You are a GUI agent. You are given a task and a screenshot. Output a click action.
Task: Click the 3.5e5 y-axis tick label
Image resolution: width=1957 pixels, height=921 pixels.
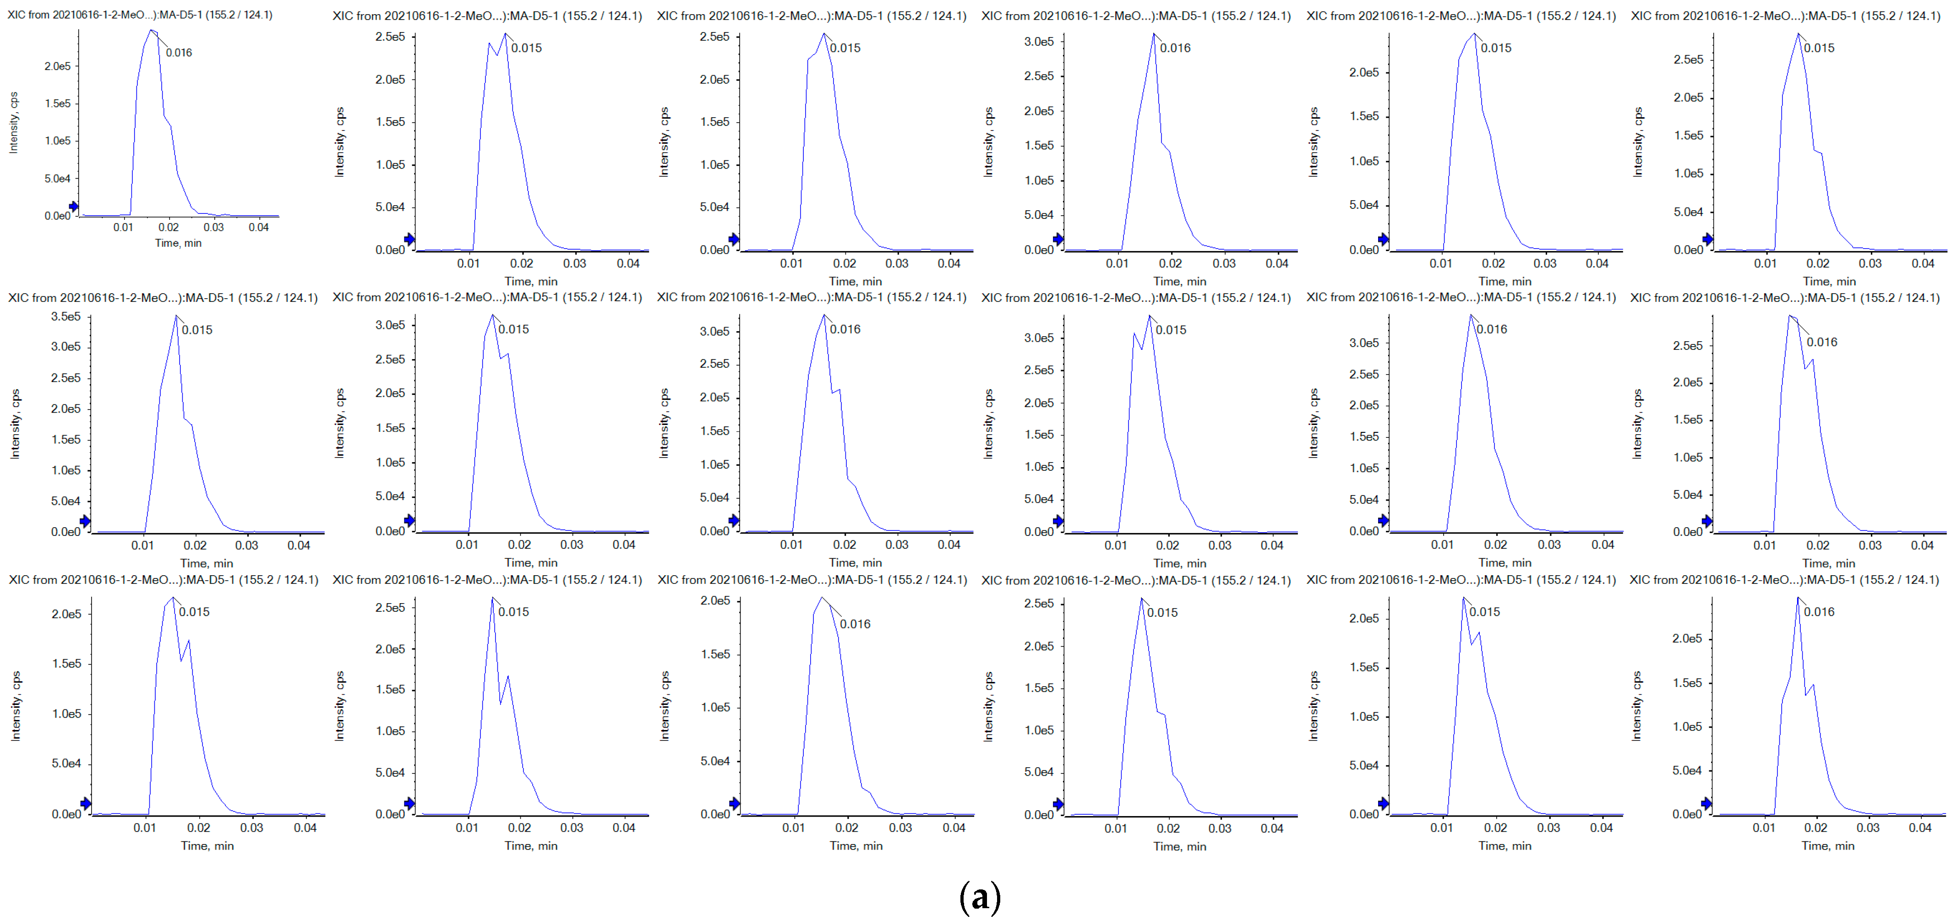pos(65,316)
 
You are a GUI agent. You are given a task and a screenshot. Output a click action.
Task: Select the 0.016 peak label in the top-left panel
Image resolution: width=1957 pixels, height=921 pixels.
pos(179,52)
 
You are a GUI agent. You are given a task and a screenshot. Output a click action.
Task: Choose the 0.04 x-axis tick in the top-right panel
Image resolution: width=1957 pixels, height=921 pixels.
pos(1922,264)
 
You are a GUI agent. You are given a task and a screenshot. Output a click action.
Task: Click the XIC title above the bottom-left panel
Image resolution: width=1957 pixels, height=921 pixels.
pos(164,580)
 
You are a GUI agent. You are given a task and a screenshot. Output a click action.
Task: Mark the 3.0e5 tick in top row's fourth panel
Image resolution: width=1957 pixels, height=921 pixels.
pos(1039,42)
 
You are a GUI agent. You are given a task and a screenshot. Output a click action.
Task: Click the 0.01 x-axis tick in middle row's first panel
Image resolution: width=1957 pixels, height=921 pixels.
pos(143,545)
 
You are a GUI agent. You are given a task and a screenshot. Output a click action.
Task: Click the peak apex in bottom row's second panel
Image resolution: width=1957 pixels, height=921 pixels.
pos(492,598)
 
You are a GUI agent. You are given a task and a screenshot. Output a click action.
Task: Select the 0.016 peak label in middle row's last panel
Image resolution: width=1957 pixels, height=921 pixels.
pos(1822,342)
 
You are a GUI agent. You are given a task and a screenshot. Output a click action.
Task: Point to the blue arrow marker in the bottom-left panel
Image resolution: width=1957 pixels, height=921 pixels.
pos(86,803)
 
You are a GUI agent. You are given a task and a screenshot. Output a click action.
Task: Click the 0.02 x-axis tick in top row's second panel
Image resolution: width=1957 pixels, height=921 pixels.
pos(521,264)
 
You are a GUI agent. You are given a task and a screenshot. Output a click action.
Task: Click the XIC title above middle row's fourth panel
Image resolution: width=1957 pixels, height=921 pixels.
pos(1136,298)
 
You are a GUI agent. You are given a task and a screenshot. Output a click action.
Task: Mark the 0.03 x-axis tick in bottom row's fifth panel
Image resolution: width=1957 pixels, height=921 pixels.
pos(1548,828)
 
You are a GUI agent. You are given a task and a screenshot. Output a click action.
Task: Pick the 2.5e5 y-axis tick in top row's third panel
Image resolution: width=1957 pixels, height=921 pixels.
pos(714,37)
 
